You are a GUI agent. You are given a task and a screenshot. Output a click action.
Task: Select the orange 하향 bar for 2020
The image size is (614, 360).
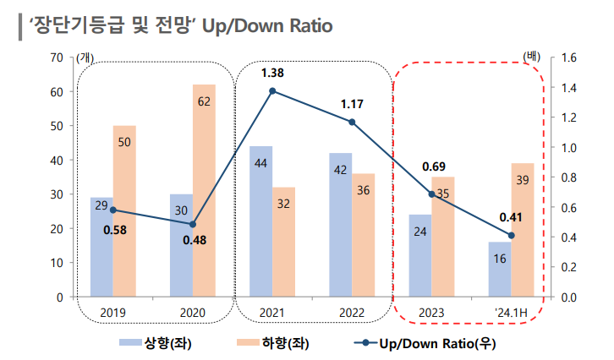click(x=204, y=190)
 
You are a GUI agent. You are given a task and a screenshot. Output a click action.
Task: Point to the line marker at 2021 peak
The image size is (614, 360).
click(x=272, y=90)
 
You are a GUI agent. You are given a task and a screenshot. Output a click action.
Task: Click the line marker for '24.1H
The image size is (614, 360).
click(x=511, y=235)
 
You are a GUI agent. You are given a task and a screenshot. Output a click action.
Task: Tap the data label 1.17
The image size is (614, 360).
click(x=352, y=104)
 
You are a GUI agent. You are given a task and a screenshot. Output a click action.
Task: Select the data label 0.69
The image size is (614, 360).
click(x=433, y=166)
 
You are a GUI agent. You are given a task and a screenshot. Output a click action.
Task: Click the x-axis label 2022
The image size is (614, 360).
click(x=352, y=313)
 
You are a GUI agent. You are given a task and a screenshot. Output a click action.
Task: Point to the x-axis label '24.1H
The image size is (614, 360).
click(x=511, y=313)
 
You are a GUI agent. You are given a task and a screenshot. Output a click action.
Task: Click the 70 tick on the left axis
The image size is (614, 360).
click(x=57, y=57)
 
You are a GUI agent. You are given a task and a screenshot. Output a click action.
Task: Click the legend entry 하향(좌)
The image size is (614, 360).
click(x=282, y=343)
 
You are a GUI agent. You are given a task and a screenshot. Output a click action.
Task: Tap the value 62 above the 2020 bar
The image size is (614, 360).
click(x=204, y=101)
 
